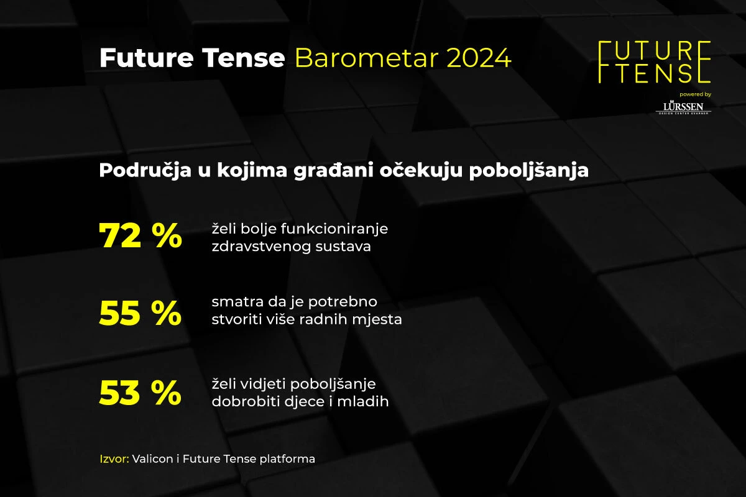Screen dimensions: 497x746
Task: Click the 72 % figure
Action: [x=140, y=237]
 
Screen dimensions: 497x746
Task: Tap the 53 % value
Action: [x=140, y=393]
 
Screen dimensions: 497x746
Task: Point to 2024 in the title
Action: [x=479, y=58]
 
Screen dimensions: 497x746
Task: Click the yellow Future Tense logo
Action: [x=654, y=62]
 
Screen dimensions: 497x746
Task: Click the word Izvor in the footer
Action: [x=114, y=459]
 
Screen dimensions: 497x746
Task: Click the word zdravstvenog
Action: [x=254, y=246]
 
